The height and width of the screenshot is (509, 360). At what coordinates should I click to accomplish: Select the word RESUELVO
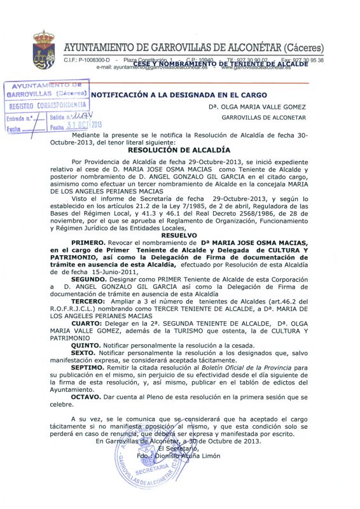(x=179, y=235)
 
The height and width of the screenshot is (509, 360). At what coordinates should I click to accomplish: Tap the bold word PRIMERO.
(x=93, y=242)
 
